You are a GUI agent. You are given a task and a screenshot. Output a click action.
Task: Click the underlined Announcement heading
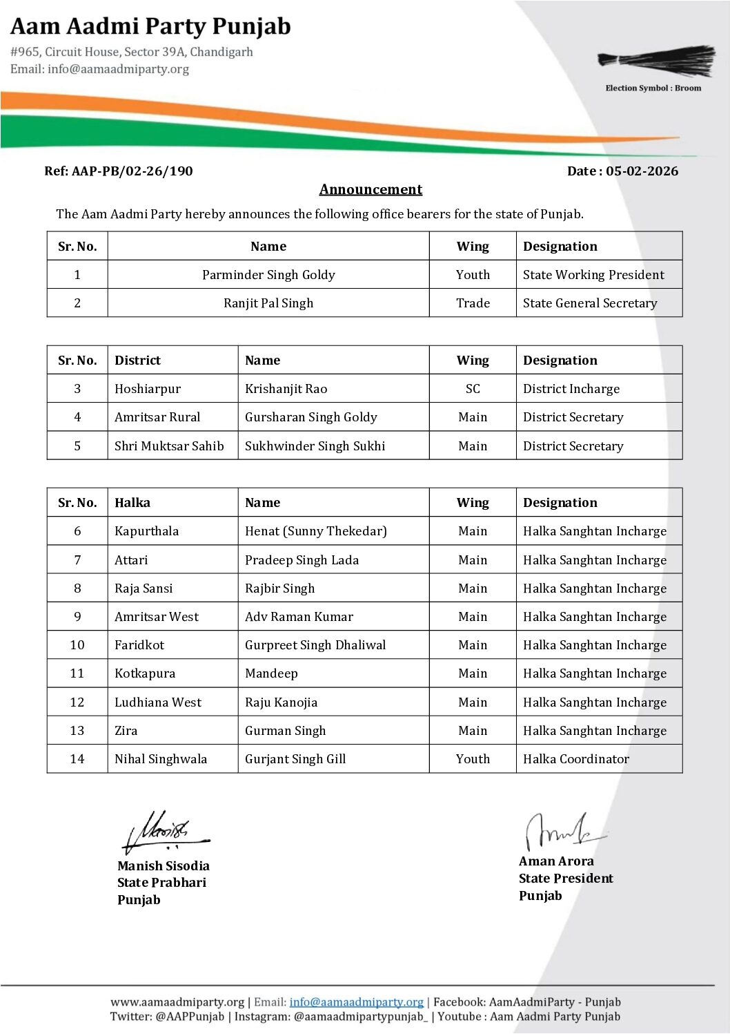(x=371, y=189)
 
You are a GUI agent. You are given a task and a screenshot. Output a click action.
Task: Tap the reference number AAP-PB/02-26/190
(x=132, y=171)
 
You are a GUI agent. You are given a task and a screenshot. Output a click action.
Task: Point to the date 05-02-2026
(x=642, y=171)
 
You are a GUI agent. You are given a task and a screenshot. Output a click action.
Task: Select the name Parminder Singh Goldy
(x=268, y=275)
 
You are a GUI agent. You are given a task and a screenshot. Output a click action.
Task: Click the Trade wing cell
(x=473, y=303)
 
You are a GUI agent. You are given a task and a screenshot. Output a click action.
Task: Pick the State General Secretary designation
(x=590, y=303)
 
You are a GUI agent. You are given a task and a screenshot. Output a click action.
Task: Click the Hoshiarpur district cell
(x=148, y=389)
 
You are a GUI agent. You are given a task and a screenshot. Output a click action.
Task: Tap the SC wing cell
(x=473, y=389)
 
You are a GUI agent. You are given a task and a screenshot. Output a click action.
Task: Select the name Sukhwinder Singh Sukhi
(x=315, y=446)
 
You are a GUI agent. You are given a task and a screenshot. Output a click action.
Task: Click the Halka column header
(x=132, y=503)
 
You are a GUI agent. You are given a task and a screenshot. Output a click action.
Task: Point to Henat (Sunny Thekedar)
(x=315, y=531)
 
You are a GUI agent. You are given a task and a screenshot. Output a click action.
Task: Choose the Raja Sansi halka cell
(x=144, y=588)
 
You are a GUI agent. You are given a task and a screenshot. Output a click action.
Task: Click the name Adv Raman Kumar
(x=299, y=617)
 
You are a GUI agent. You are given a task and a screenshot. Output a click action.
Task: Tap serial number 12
(x=77, y=702)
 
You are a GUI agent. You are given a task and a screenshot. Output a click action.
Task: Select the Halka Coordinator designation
(x=576, y=759)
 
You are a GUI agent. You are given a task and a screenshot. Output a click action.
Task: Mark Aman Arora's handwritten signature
(x=562, y=831)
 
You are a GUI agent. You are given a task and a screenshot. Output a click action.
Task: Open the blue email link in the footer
(x=356, y=1002)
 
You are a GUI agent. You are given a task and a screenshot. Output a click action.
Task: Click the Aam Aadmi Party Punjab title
(x=150, y=27)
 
